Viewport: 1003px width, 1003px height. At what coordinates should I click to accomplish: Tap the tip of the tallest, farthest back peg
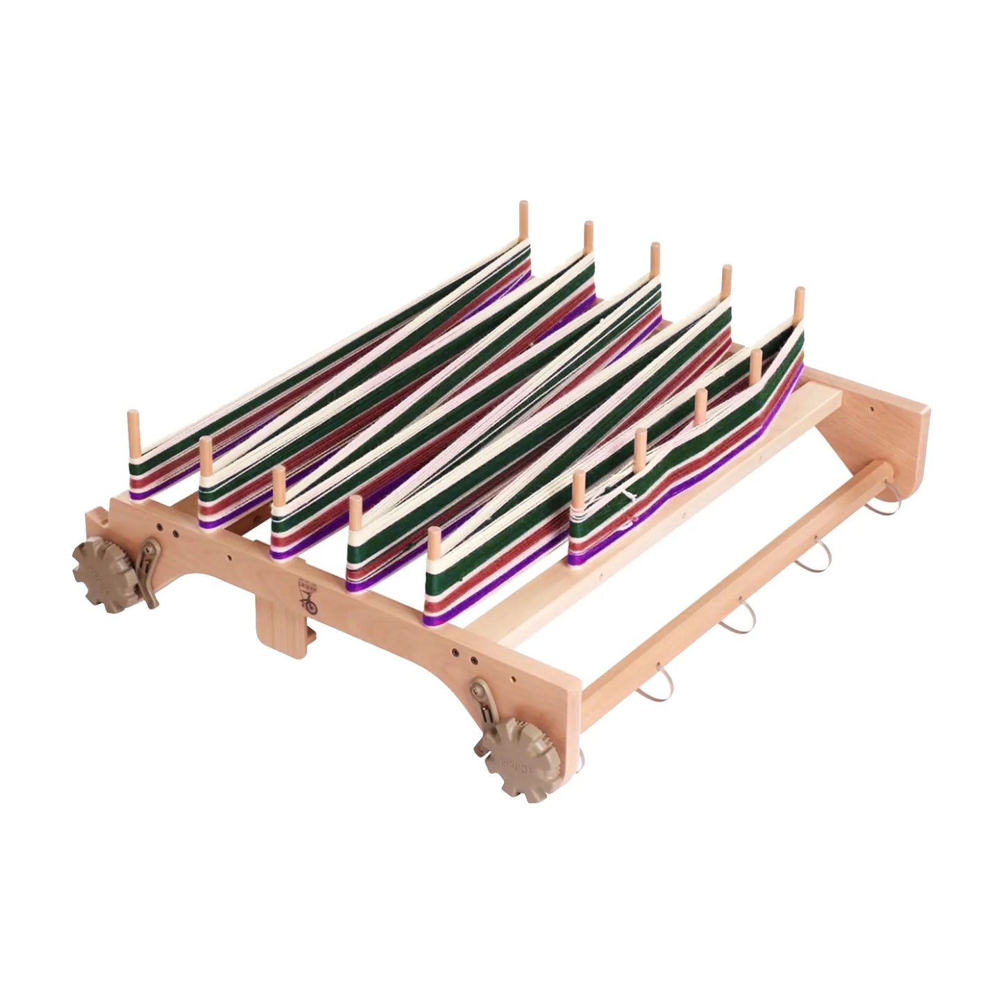[523, 206]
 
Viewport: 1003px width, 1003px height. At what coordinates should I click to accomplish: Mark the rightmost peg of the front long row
[434, 544]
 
